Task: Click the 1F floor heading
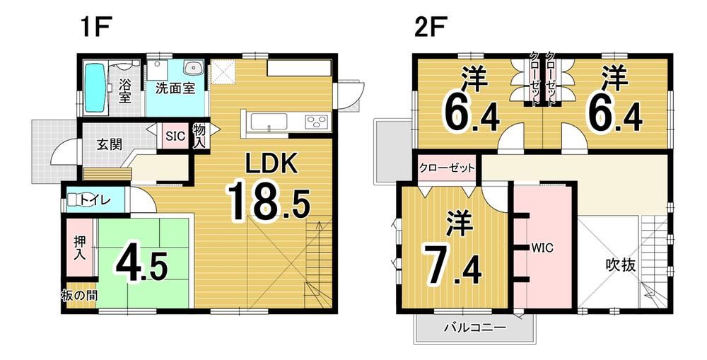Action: click(95, 28)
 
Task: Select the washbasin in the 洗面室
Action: click(193, 68)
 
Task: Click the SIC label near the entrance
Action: click(175, 136)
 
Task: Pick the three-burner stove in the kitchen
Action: click(317, 122)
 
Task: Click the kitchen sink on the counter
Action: click(269, 122)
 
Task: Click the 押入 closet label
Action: click(80, 247)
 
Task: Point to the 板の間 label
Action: click(80, 296)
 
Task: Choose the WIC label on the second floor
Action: click(542, 248)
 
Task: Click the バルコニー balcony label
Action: click(474, 327)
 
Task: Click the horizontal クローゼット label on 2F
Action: click(446, 168)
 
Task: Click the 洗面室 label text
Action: click(175, 88)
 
